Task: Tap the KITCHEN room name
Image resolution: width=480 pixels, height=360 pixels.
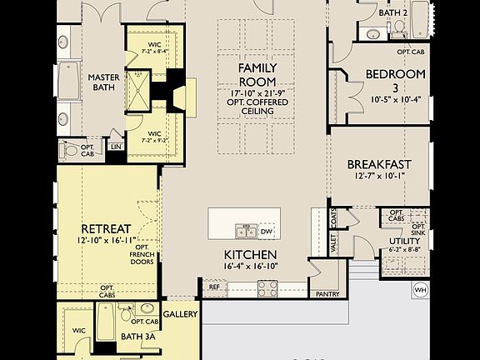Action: point(251,255)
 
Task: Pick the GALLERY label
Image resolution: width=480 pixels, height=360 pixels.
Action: point(180,314)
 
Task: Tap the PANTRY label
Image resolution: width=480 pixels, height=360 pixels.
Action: point(325,294)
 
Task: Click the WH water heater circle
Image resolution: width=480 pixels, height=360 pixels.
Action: point(421,291)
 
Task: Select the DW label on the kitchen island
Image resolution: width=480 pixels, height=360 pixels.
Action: point(267,231)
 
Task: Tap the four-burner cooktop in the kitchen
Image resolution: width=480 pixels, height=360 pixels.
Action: point(268,288)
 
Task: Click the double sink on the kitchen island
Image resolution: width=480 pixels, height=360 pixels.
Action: point(246,231)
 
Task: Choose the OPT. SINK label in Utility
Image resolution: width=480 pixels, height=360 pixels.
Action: point(418,230)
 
